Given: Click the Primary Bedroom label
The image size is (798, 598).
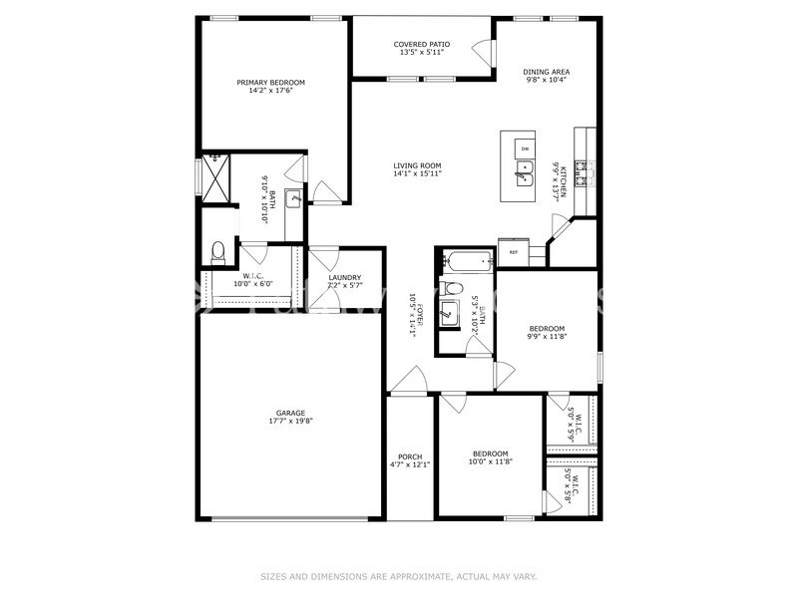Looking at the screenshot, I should (x=270, y=82).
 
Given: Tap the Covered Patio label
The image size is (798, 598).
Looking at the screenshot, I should (x=421, y=44).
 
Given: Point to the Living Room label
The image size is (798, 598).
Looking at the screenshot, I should (x=417, y=165).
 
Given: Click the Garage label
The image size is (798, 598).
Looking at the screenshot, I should (x=290, y=413).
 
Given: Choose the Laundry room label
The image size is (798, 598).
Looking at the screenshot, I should (x=345, y=277).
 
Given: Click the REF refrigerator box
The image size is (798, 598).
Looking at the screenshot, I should (x=514, y=252).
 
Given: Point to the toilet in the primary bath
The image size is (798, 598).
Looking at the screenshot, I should (x=218, y=249).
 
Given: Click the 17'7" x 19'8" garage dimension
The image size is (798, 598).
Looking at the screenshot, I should (x=290, y=422).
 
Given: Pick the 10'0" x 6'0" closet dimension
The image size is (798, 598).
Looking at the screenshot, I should (x=253, y=284).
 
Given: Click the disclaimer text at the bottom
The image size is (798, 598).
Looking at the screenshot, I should (x=399, y=576).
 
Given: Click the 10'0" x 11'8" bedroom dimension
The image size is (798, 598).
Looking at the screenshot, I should (x=490, y=461).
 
